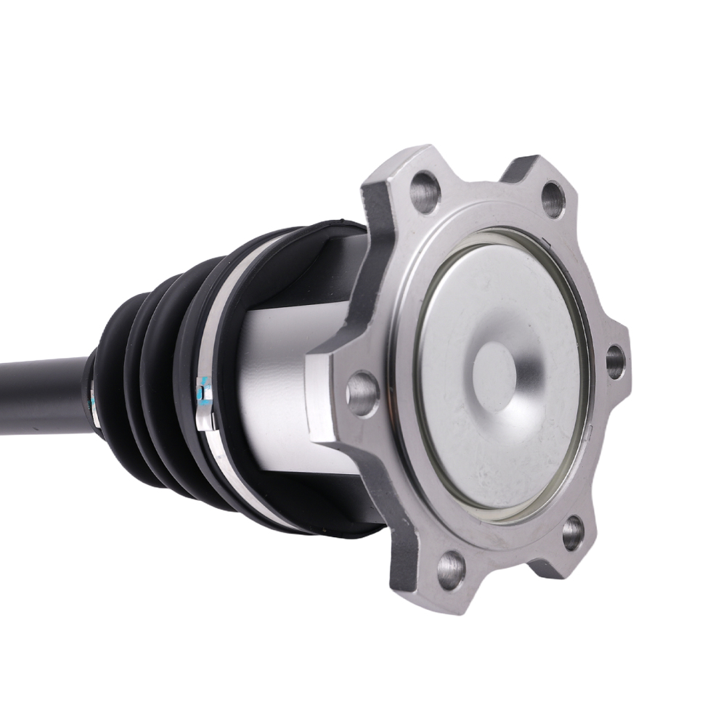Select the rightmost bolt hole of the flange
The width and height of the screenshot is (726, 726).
pyautogui.click(x=614, y=361)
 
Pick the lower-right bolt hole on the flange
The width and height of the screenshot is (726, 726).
pyautogui.click(x=572, y=533)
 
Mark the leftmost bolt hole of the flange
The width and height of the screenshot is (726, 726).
pyautogui.click(x=362, y=392)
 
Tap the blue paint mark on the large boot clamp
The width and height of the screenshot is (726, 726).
pyautogui.click(x=202, y=390)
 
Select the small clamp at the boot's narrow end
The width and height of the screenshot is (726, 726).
pyautogui.click(x=93, y=392)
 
